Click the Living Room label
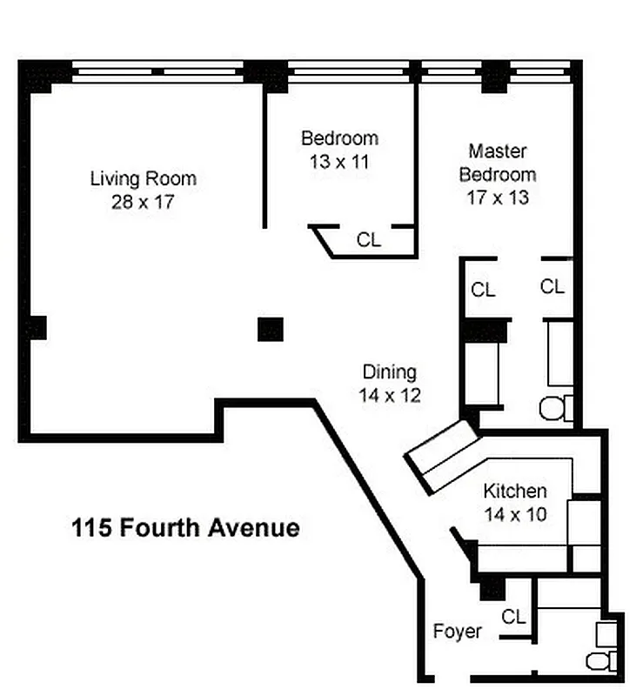[144, 179]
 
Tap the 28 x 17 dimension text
[144, 203]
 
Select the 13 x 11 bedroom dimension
[339, 161]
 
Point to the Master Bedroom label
[498, 162]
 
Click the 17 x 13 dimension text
[498, 197]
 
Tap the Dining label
[389, 372]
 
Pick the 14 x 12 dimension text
[389, 396]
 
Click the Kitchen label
[515, 491]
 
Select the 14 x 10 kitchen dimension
[515, 514]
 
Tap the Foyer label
[457, 631]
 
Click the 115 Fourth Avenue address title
[185, 528]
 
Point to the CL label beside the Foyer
[513, 616]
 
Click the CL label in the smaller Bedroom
[369, 240]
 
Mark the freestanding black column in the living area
[271, 329]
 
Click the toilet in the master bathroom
[555, 408]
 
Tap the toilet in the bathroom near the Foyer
[602, 660]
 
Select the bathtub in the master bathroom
[559, 352]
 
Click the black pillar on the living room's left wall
[35, 328]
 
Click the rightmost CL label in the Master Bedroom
[552, 286]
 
